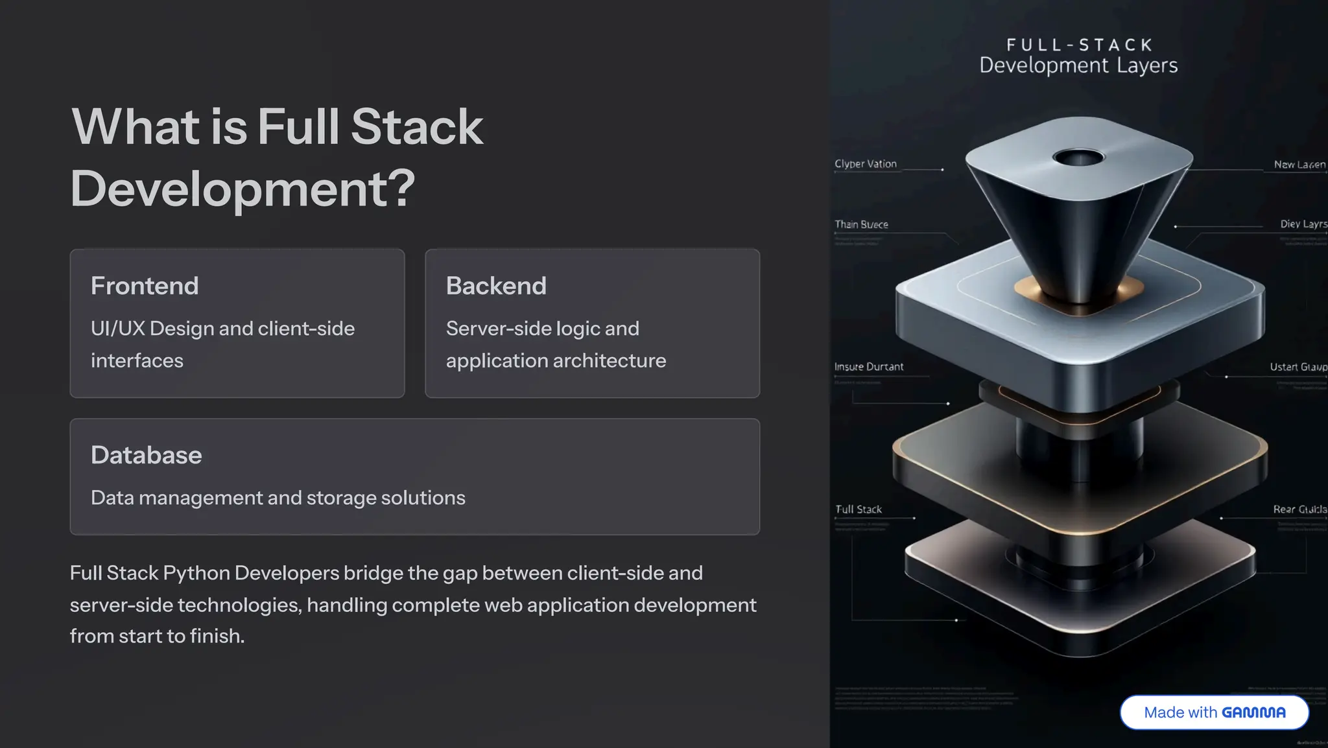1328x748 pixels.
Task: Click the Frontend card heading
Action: [145, 286]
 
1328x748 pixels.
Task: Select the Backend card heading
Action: [496, 286]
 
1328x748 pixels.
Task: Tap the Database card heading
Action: [147, 455]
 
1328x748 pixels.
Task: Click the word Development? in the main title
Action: [243, 189]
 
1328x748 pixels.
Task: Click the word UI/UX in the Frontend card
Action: [118, 329]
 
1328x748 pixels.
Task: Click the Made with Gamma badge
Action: [1214, 712]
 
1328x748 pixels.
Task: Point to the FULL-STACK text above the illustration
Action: [1079, 45]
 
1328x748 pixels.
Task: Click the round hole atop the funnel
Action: [1078, 157]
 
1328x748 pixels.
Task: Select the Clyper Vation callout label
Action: [866, 164]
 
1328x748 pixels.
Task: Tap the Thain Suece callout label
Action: [861, 224]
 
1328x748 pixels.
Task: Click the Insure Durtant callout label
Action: [869, 367]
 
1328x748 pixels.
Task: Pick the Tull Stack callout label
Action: [859, 509]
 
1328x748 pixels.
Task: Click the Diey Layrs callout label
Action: [1303, 224]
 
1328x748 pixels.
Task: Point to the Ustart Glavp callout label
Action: [1298, 367]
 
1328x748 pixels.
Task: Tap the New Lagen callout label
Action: [1299, 165]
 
